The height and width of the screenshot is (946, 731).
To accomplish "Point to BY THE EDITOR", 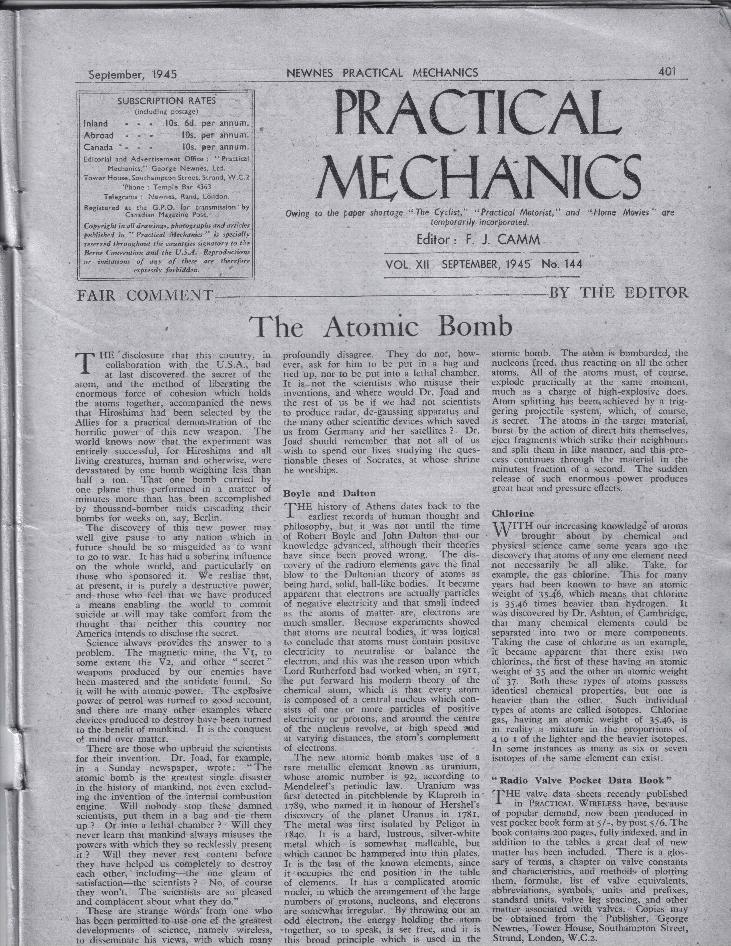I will click(618, 293).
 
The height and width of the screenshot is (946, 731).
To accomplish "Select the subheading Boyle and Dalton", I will click(329, 493).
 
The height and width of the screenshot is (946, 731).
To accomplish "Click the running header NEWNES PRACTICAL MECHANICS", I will click(382, 73).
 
